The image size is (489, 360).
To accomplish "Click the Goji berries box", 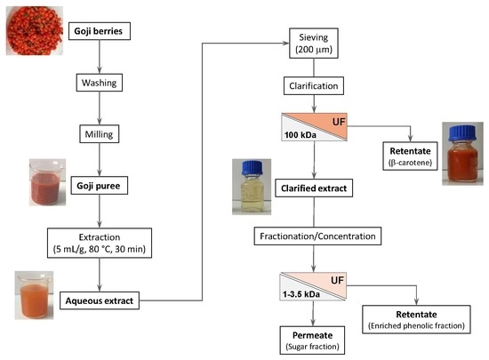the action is coord(100,31).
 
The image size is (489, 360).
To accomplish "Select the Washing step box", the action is coord(100,83).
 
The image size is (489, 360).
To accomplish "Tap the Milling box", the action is coord(100,134).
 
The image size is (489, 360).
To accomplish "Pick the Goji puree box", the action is coord(100,186).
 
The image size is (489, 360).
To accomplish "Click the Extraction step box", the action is coord(100,244).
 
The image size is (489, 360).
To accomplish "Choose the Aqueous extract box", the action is coord(100,300).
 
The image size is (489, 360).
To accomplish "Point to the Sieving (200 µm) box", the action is coord(314,44).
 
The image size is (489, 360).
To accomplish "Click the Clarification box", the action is coord(314,85).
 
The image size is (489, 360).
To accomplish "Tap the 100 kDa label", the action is coord(300,135).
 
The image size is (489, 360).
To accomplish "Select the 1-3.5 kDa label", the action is coord(301,294).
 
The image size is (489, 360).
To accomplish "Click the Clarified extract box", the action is coord(314,188).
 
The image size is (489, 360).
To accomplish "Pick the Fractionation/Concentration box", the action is coord(317,236).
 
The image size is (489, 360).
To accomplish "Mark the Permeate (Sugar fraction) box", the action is coord(312,340).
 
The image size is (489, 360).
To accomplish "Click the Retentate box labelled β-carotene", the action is coord(411,156).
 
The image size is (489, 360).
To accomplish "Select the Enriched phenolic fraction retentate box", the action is coord(416,319).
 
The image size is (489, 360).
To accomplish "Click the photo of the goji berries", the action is coord(35,30).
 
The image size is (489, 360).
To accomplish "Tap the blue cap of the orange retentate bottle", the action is coord(462,132).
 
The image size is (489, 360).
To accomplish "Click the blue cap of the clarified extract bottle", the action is coord(253,167).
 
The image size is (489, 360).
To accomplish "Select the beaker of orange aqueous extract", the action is coord(35,297).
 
